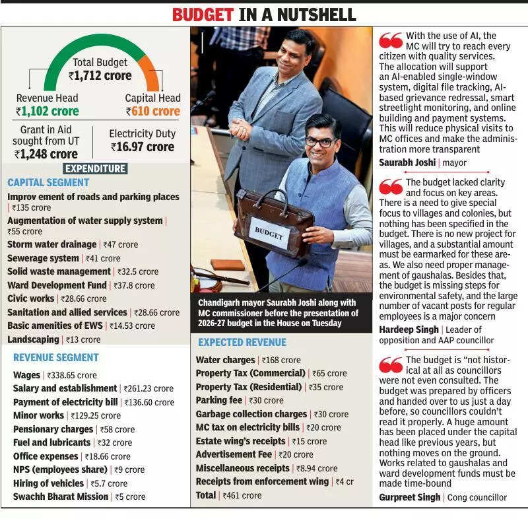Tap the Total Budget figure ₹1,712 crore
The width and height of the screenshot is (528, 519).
click(100, 76)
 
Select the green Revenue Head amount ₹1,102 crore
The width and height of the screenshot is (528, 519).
click(47, 112)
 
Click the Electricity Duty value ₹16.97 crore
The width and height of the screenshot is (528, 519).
click(142, 147)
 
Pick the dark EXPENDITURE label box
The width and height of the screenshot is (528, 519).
click(96, 169)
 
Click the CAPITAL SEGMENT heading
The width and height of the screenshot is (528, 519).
click(48, 182)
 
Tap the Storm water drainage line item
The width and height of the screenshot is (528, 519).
click(73, 244)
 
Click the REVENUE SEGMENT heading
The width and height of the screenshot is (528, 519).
click(56, 357)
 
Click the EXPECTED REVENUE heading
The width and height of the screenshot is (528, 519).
click(242, 342)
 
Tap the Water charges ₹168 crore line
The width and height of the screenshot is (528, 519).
click(248, 360)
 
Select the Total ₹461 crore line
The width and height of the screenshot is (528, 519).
click(228, 495)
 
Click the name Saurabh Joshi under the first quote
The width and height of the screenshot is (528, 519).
click(407, 162)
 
